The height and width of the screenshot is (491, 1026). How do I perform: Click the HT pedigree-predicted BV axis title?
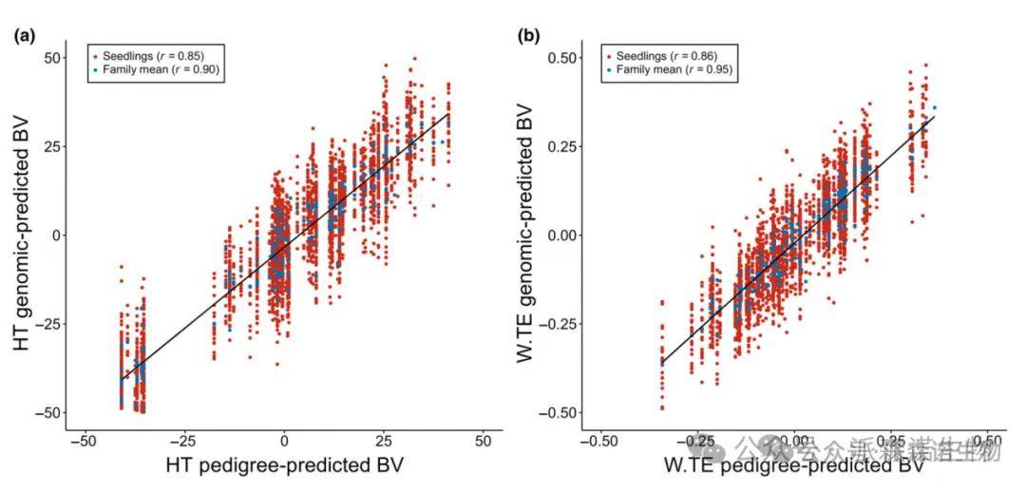click(x=284, y=466)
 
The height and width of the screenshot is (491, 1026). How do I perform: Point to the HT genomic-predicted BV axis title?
click(x=24, y=235)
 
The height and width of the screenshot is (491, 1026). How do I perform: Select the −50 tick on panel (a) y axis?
click(x=47, y=412)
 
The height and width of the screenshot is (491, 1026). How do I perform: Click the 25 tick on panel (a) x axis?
click(x=384, y=442)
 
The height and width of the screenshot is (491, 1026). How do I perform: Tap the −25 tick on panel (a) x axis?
click(x=183, y=442)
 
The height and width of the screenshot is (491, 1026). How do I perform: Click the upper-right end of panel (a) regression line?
click(x=448, y=114)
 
